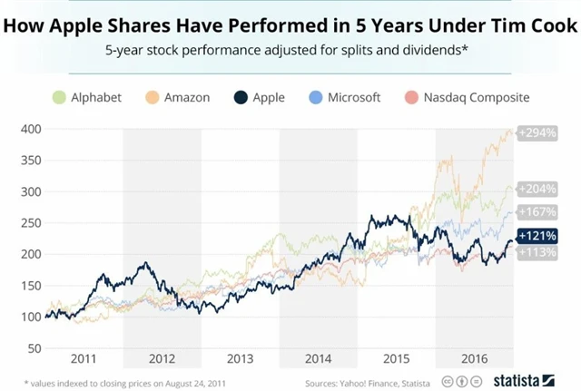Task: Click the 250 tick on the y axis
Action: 31,223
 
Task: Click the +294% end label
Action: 537,132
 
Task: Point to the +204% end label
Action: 537,190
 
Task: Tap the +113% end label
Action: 537,252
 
